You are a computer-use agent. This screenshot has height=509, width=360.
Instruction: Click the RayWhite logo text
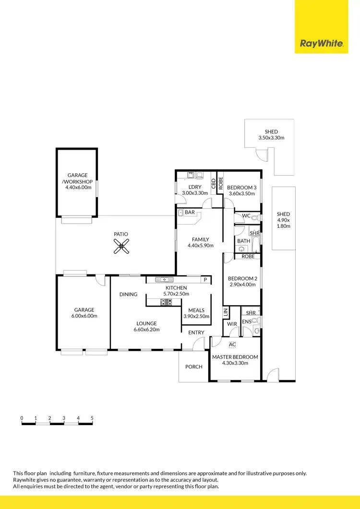tap(321, 44)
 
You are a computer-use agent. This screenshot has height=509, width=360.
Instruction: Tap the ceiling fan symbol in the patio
tap(121, 247)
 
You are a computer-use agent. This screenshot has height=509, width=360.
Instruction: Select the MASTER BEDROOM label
tap(235, 357)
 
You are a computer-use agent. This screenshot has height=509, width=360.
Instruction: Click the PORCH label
tap(193, 367)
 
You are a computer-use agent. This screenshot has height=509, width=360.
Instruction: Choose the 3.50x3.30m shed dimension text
tap(271, 138)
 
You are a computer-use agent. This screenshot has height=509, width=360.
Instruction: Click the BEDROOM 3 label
tap(242, 187)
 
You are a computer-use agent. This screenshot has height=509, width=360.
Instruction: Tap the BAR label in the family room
tap(190, 212)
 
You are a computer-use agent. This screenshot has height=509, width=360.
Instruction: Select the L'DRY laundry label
tap(195, 187)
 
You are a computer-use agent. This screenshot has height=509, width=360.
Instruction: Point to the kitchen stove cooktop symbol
tap(166, 302)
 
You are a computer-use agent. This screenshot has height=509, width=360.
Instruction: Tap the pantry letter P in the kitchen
tap(205, 280)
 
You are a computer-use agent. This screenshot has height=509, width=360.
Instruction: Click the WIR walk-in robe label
tap(232, 324)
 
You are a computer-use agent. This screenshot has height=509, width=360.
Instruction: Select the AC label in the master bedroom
tap(232, 344)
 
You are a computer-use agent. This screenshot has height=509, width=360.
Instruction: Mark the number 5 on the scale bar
tap(92, 418)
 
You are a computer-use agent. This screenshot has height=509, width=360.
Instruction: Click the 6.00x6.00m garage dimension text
tap(84, 316)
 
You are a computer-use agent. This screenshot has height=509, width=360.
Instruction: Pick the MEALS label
tap(196, 310)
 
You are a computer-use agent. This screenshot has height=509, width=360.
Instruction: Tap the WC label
tap(246, 216)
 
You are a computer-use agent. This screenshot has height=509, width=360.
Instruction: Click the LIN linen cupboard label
tap(226, 312)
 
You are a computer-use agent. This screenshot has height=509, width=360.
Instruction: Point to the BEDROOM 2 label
tap(242, 278)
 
